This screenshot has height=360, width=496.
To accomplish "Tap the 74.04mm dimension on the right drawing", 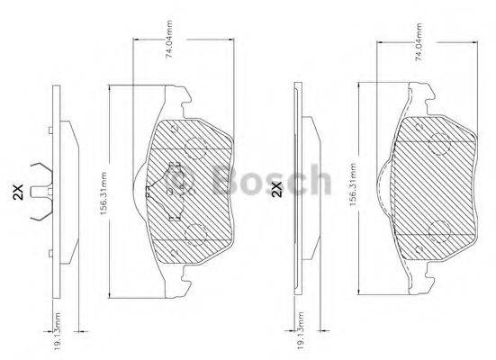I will [417, 42].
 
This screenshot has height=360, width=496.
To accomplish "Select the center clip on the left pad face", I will [176, 184].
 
